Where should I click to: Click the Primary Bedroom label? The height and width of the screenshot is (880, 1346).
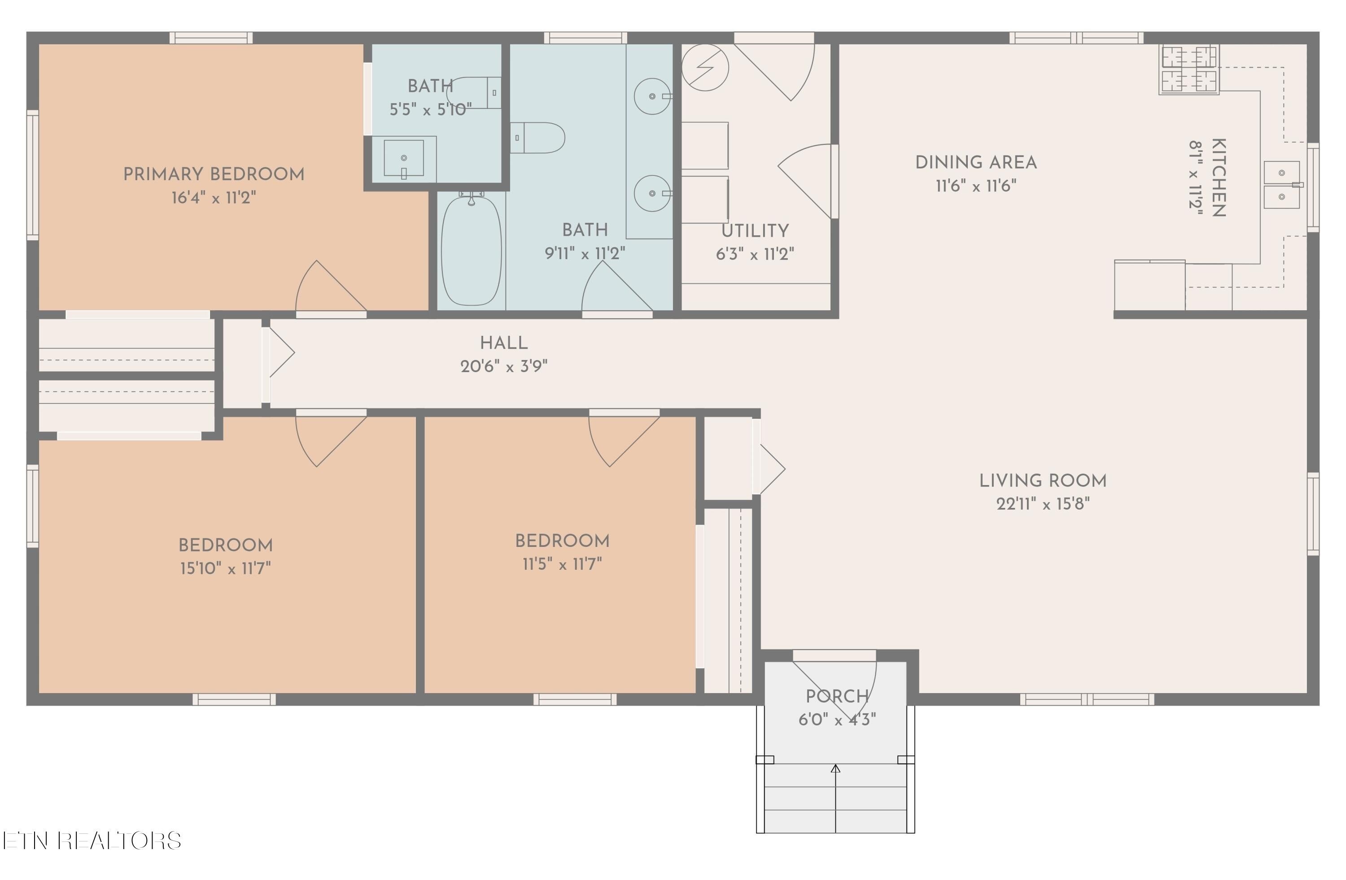(x=214, y=174)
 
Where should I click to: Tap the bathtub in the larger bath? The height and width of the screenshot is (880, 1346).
(x=471, y=251)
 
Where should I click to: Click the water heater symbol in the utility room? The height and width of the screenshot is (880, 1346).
(x=705, y=68)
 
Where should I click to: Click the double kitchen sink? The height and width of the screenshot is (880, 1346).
(x=1281, y=185)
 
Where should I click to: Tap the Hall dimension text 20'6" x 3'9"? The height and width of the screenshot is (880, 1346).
(x=504, y=366)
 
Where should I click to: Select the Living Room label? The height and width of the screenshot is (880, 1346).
(x=1043, y=481)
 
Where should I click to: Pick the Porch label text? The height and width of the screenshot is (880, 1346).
(x=837, y=696)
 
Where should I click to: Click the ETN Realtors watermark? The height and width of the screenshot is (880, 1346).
(x=92, y=841)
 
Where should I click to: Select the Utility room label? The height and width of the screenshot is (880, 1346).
(x=755, y=230)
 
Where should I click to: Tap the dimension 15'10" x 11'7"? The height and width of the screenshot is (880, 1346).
(x=226, y=568)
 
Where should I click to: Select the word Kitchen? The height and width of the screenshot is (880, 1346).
(x=1218, y=178)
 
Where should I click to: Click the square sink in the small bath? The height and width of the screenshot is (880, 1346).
(x=404, y=158)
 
